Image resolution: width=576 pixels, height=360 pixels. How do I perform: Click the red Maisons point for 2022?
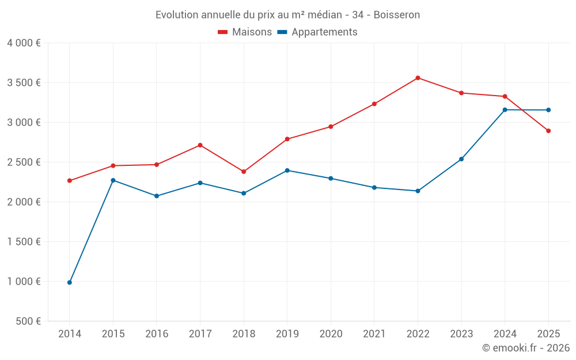(418, 78)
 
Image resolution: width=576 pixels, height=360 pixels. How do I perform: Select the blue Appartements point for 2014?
(70, 282)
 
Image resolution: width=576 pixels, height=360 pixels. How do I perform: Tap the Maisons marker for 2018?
(244, 172)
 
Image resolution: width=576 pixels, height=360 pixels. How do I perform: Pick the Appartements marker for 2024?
(505, 109)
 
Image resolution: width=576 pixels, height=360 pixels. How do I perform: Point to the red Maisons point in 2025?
(548, 131)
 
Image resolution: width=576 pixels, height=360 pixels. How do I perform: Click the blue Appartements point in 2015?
(113, 180)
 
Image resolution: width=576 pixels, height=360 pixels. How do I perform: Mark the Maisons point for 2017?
(200, 145)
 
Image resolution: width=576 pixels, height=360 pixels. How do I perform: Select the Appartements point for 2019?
(287, 170)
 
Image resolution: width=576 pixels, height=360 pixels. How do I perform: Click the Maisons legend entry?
(245, 32)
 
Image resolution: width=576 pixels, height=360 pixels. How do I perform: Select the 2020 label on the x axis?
(331, 334)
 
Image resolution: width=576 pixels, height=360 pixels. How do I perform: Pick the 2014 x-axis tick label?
(70, 334)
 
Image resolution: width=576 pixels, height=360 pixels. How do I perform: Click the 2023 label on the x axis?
(461, 334)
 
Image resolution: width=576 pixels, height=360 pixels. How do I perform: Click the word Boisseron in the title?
(396, 14)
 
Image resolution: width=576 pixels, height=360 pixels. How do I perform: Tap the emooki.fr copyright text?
(526, 348)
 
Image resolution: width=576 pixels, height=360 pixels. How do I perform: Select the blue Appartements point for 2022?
(418, 191)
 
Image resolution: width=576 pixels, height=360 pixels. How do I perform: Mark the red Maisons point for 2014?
(70, 180)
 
